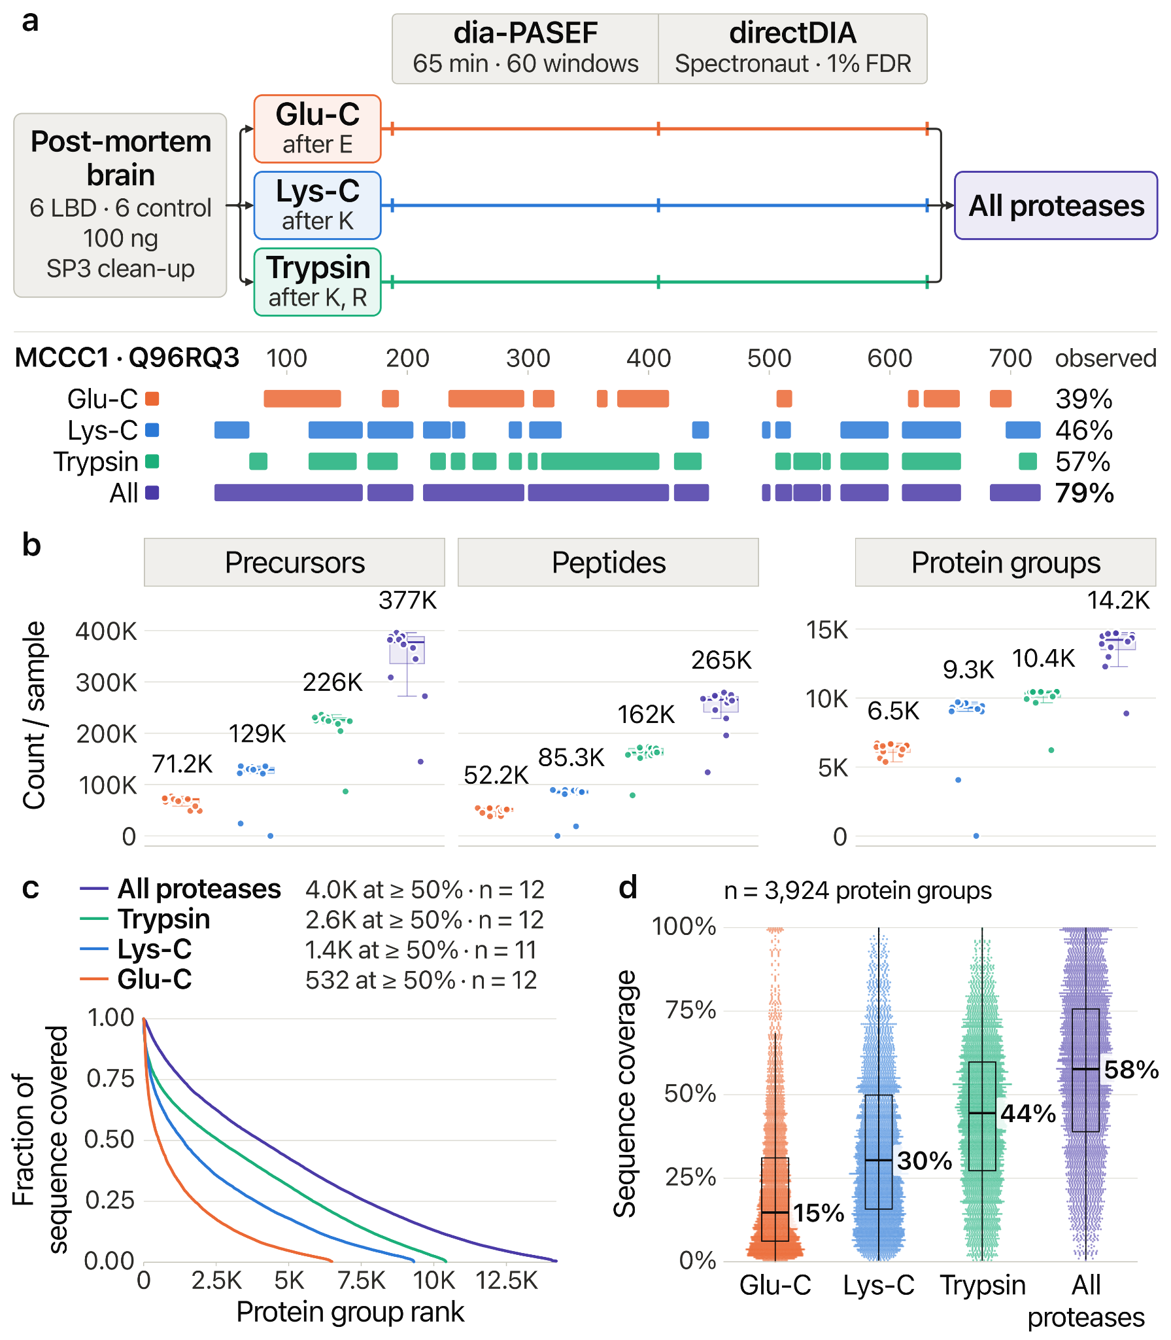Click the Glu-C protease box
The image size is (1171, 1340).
click(317, 129)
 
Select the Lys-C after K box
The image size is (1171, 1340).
click(317, 205)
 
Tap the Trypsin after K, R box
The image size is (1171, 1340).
click(317, 282)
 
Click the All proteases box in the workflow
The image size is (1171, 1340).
click(1056, 205)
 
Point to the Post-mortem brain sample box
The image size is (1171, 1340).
click(120, 205)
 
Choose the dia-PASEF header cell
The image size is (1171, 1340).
click(525, 49)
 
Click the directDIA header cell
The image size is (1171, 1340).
click(792, 49)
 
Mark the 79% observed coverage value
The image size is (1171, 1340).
click(1084, 493)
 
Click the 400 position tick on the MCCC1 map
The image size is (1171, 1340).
click(649, 359)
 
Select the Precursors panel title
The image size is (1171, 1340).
click(294, 563)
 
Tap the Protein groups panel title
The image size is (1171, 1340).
click(1006, 563)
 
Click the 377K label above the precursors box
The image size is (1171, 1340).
click(407, 600)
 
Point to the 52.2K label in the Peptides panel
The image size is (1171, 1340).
click(496, 775)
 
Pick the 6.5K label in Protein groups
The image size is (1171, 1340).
click(893, 711)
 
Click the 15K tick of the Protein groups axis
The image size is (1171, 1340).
click(827, 630)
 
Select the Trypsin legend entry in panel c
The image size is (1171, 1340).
click(164, 919)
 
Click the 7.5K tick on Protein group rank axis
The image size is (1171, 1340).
click(362, 1280)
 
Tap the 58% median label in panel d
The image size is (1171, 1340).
click(1131, 1070)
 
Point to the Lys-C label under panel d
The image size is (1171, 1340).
click(879, 1285)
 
